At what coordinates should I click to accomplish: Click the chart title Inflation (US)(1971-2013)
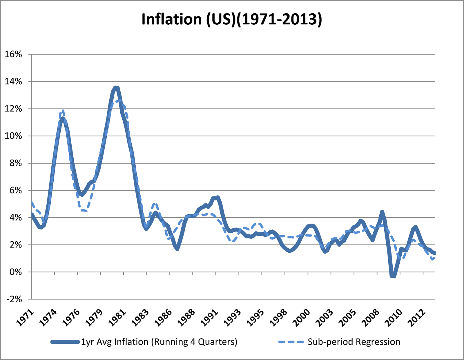point(232,19)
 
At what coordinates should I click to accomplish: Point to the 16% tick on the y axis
point(13,54)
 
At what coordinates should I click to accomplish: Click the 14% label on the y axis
point(13,82)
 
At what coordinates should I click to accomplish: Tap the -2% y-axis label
point(14,299)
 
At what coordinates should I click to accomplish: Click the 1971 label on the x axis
point(26,318)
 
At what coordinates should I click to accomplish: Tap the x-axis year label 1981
point(118,318)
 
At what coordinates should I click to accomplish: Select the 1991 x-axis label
point(210,318)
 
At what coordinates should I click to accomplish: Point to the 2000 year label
point(302,318)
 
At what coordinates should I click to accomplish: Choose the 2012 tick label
point(417,318)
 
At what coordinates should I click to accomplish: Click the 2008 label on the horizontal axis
point(371,318)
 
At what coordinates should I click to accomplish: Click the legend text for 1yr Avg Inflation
point(159,342)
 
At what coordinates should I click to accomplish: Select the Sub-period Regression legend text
point(354,342)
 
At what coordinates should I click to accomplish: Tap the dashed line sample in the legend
point(291,342)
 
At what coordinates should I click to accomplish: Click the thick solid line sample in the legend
point(65,342)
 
